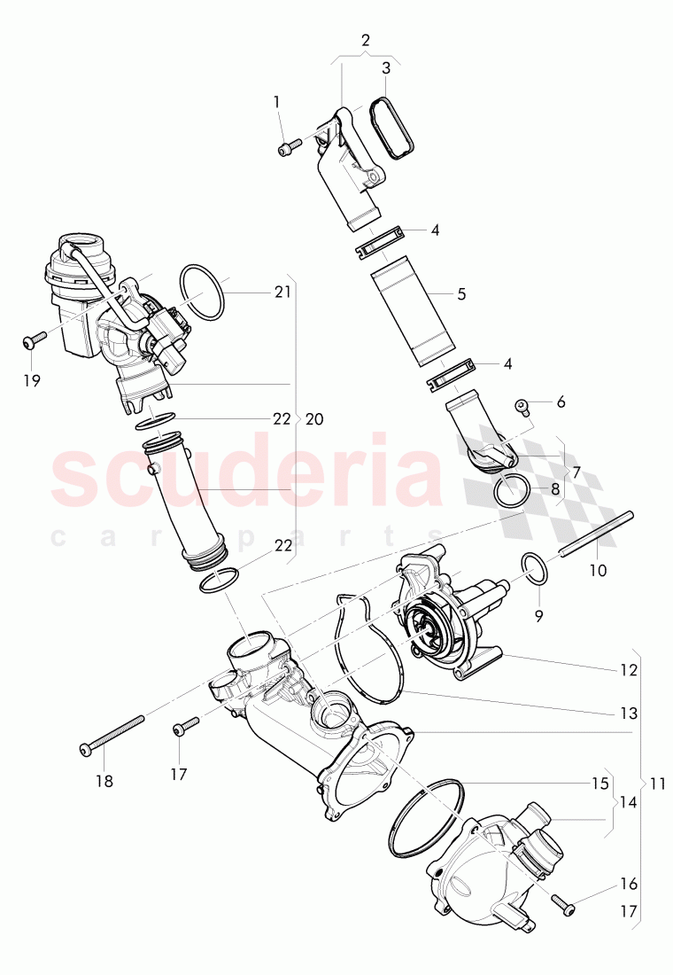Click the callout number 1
coord(276,102)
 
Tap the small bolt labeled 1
coord(286,148)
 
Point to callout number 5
coord(461,293)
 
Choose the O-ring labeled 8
coord(514,490)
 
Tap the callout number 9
coord(540,613)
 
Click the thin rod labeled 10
coord(598,534)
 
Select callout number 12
coord(630,671)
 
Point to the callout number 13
coord(629,713)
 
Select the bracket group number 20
coord(313,418)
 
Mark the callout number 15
coord(600,784)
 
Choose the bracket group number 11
coord(656,784)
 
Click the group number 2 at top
coord(366,40)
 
